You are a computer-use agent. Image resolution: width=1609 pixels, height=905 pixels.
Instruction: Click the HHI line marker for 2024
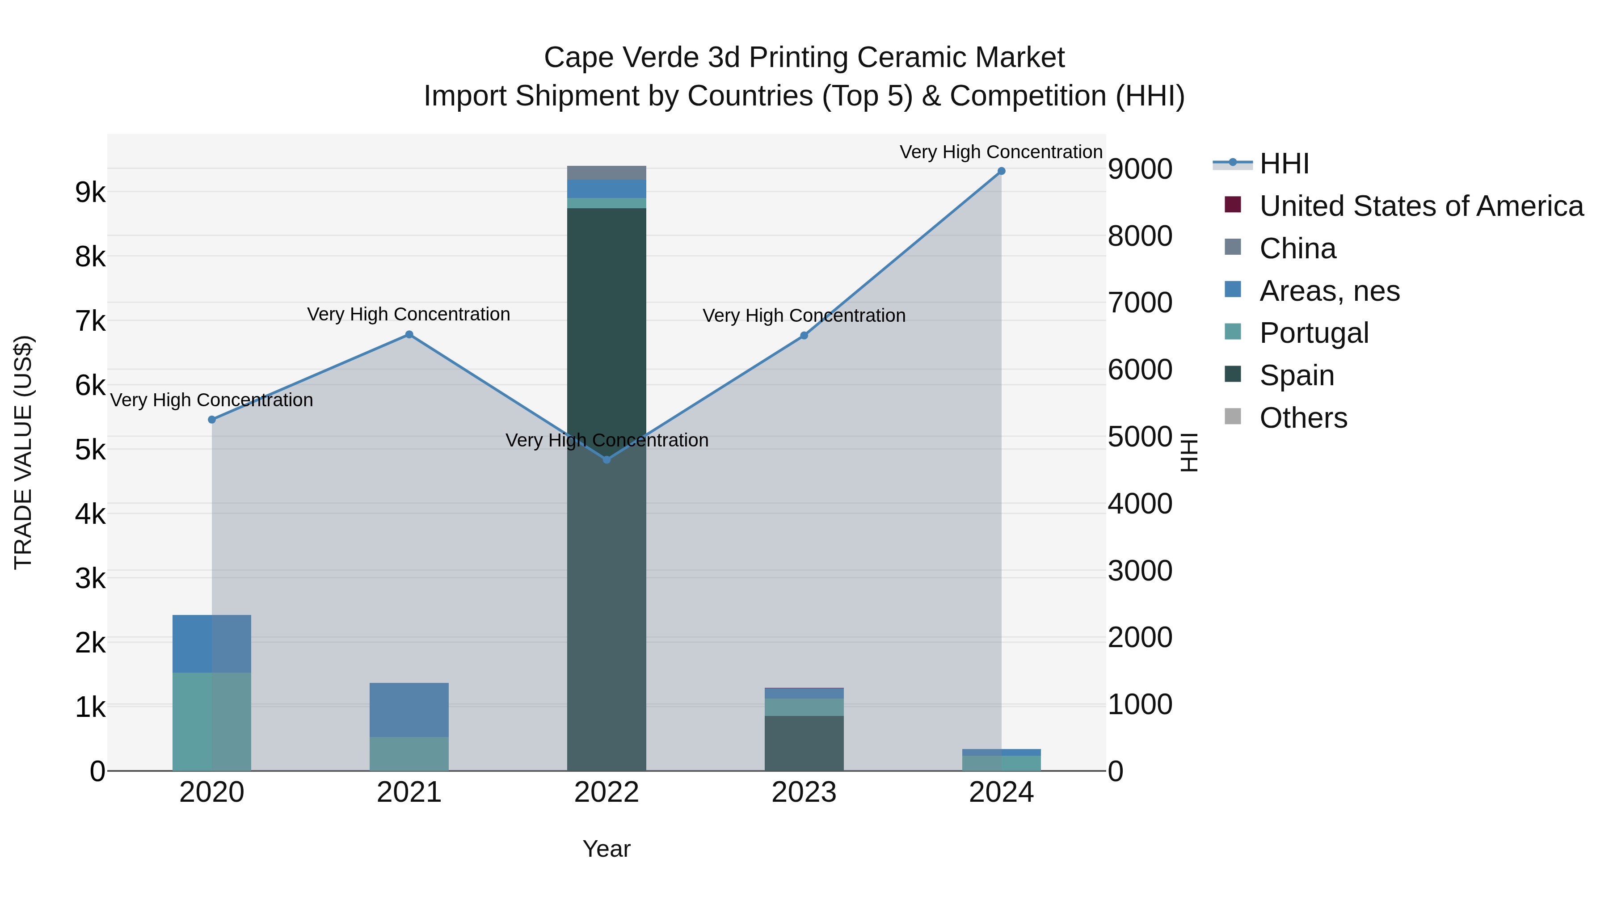click(1001, 171)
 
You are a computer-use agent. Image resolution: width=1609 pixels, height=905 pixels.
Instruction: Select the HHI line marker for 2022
click(607, 460)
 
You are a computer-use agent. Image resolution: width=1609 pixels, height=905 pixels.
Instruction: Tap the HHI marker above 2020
click(212, 420)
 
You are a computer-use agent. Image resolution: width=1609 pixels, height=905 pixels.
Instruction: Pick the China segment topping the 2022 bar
click(607, 173)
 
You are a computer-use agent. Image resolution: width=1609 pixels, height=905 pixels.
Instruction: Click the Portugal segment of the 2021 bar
click(409, 754)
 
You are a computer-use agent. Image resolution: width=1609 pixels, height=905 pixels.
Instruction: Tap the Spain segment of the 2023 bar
click(804, 743)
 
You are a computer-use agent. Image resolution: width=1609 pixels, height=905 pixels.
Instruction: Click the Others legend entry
click(1303, 418)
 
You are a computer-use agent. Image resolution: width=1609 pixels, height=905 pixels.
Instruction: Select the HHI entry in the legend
click(1284, 164)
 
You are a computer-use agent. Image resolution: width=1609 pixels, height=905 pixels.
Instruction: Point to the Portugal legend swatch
click(1233, 332)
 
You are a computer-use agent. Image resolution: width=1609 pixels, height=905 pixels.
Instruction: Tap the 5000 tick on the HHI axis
click(1140, 437)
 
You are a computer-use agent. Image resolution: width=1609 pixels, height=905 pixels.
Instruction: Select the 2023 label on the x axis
click(804, 792)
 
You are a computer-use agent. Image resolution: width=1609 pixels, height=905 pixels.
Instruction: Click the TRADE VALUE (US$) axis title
click(23, 452)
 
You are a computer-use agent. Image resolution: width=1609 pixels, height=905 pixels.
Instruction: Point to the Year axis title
click(607, 849)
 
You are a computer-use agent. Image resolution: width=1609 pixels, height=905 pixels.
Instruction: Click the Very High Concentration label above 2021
click(409, 314)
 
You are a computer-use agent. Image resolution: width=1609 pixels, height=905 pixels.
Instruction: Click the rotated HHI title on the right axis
click(1189, 452)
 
